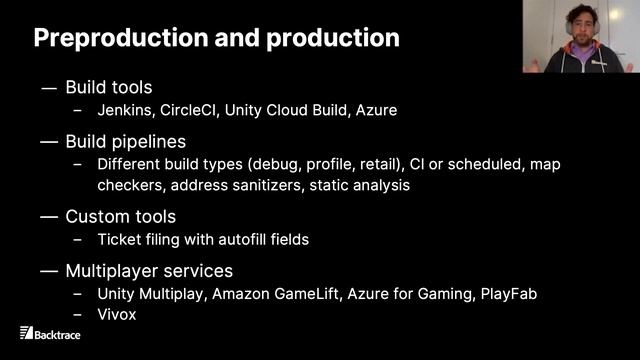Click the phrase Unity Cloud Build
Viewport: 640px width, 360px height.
click(288, 110)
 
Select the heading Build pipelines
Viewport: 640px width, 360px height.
click(125, 141)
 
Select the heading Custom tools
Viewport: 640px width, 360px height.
click(120, 216)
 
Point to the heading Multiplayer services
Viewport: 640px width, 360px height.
click(149, 270)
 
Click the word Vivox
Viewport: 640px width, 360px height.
click(116, 313)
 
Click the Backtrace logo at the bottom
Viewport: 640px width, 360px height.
click(53, 333)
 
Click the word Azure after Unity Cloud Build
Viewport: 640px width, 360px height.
click(376, 110)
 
